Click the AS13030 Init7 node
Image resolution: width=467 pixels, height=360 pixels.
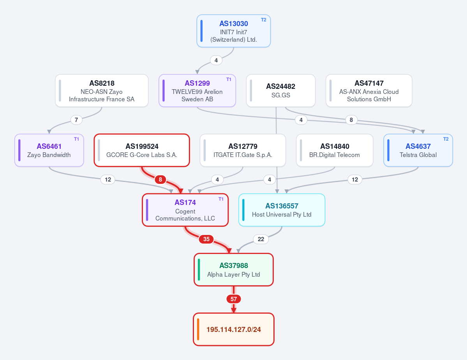click(x=234, y=31)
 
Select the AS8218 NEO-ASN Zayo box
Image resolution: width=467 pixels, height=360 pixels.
click(x=102, y=91)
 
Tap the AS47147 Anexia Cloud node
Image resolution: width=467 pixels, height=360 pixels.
click(x=369, y=91)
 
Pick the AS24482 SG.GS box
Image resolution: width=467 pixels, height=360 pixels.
click(x=280, y=91)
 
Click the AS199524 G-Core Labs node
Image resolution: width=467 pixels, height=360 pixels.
click(x=142, y=150)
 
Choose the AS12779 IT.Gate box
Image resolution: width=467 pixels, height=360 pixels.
click(x=243, y=150)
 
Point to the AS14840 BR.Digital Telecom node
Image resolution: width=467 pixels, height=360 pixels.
click(x=335, y=150)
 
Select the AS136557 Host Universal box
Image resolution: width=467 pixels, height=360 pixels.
click(x=282, y=210)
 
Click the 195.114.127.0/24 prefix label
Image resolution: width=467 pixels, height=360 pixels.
click(x=234, y=329)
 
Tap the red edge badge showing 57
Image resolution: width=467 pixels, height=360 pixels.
click(x=234, y=299)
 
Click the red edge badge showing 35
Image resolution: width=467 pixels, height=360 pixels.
click(x=206, y=239)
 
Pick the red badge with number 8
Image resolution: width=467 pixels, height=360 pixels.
click(x=160, y=179)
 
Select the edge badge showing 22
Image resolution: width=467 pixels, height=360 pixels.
click(x=261, y=239)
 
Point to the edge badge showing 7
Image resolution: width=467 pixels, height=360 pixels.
click(x=76, y=120)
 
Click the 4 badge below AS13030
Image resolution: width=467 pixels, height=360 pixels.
click(x=216, y=60)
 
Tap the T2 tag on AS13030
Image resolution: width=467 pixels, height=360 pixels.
click(x=264, y=20)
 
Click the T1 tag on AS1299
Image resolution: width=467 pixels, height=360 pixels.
click(x=229, y=79)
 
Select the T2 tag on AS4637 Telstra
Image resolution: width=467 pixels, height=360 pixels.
click(x=446, y=139)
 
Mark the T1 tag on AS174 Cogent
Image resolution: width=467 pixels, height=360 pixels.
click(x=221, y=199)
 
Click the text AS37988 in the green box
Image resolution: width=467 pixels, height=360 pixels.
click(x=234, y=266)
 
